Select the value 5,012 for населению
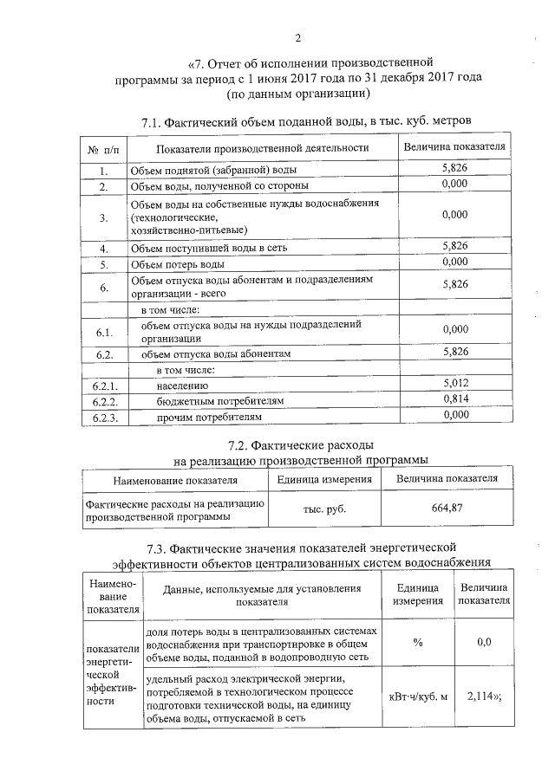coord(454,383)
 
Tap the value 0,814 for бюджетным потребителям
coord(454,399)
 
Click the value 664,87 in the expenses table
coord(447,509)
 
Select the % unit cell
coord(418,643)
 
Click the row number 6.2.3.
coord(104,417)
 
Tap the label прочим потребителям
coord(209,417)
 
